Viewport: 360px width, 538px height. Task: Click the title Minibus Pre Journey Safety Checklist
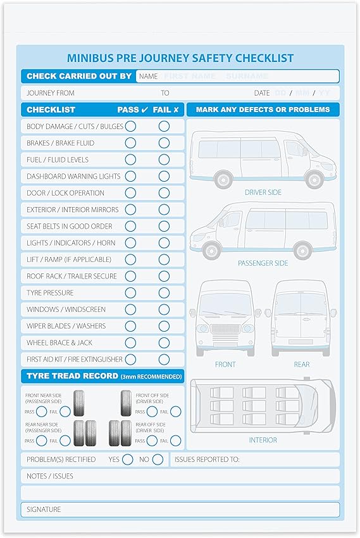[180, 58]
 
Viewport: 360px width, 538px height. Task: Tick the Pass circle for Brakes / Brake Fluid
[130, 143]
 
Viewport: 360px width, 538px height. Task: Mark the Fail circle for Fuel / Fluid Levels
[164, 160]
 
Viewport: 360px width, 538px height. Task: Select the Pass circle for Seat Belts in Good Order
[130, 226]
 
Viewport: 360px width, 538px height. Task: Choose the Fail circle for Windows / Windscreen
[164, 310]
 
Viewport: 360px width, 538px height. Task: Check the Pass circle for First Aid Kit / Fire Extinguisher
[130, 360]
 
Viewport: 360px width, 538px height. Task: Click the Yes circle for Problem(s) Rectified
[128, 459]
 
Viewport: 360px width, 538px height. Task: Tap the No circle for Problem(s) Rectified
[158, 459]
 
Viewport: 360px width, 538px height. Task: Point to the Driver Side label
[263, 192]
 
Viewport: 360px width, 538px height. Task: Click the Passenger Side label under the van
[263, 263]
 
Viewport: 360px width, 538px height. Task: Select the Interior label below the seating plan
[263, 440]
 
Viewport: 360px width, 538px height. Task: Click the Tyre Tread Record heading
[104, 377]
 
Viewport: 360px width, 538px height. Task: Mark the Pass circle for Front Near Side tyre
[41, 411]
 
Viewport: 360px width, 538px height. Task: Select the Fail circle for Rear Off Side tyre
[175, 441]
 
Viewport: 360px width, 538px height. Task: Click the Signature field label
[44, 510]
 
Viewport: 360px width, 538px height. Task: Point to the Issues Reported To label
[207, 460]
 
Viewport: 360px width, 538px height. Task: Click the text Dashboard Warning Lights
[73, 177]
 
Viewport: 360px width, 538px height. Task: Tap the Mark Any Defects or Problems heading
[263, 109]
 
